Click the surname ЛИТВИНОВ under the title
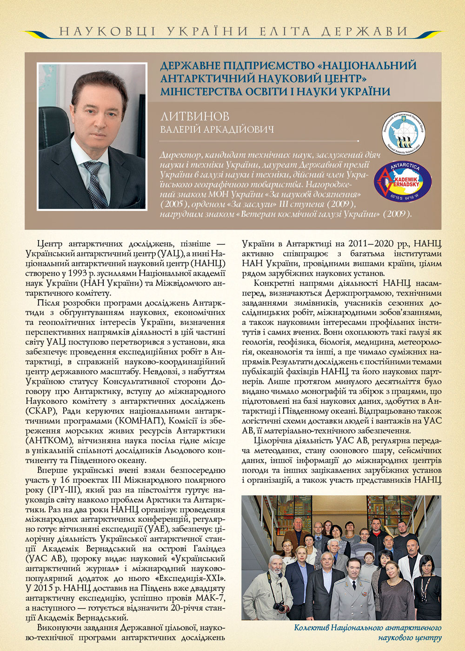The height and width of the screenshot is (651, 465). click(194, 116)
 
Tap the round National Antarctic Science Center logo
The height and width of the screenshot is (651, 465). click(403, 134)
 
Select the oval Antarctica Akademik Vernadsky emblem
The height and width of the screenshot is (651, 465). click(403, 181)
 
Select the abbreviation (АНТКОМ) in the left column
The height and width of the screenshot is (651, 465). click(46, 441)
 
